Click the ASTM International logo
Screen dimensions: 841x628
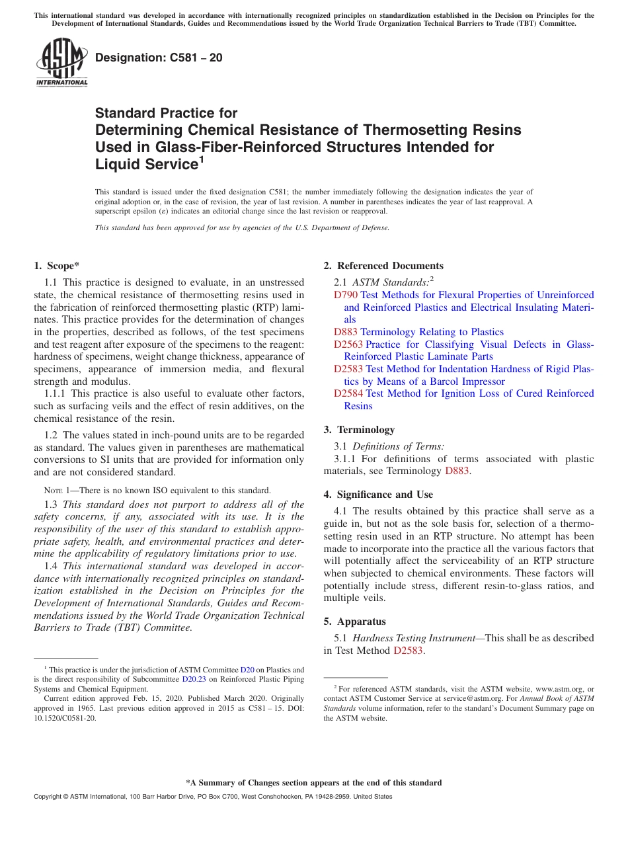(x=61, y=62)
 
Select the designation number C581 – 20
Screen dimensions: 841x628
(x=159, y=58)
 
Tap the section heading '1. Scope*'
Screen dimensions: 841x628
(x=57, y=266)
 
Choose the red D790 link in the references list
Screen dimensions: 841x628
(x=346, y=295)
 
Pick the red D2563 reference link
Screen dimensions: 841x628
(x=348, y=344)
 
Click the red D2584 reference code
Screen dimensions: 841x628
(x=348, y=393)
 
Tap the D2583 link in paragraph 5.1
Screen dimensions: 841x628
(x=408, y=651)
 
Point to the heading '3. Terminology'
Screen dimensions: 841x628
(x=359, y=430)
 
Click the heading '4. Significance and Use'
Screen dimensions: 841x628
(x=378, y=495)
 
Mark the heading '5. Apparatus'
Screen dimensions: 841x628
(x=354, y=621)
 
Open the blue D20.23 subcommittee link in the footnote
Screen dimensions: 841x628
(x=192, y=679)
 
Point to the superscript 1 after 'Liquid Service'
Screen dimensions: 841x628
(x=202, y=159)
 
